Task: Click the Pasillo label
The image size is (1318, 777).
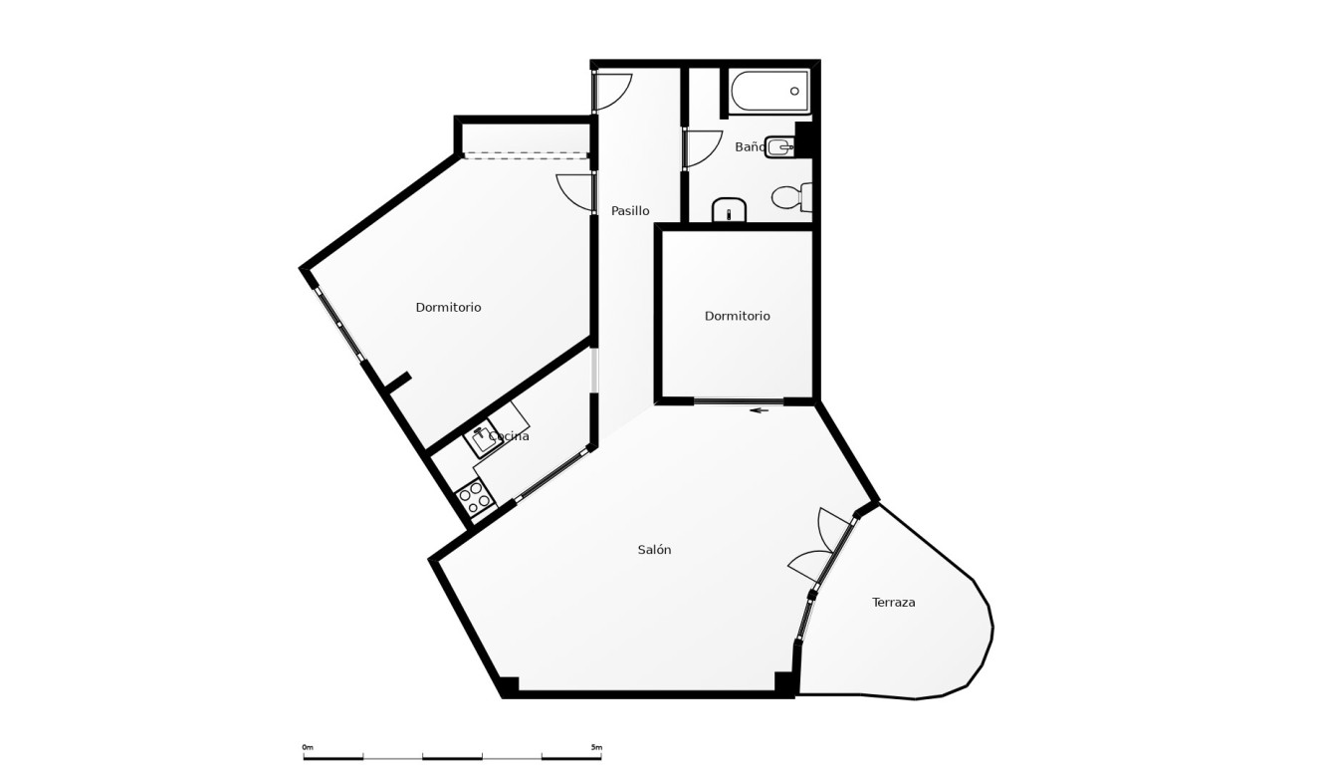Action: (x=630, y=211)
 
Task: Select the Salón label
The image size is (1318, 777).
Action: (x=654, y=550)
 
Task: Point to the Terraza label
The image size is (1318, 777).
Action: (x=893, y=603)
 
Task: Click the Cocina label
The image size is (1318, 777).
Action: (x=509, y=436)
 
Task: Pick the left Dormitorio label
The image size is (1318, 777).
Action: (x=448, y=308)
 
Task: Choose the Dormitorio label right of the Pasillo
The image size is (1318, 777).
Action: (x=737, y=316)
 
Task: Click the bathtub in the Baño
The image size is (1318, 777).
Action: (x=770, y=92)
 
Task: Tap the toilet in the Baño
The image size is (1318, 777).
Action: (x=791, y=197)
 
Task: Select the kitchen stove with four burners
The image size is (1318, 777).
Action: (x=473, y=496)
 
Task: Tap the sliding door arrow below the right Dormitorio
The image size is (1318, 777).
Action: (x=760, y=410)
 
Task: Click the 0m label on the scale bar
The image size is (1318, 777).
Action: (x=308, y=747)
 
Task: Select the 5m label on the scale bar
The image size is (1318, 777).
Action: (x=596, y=747)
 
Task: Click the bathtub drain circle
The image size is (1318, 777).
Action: (x=794, y=92)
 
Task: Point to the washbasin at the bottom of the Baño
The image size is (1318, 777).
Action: (x=730, y=210)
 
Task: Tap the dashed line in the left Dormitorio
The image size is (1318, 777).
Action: (x=525, y=155)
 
